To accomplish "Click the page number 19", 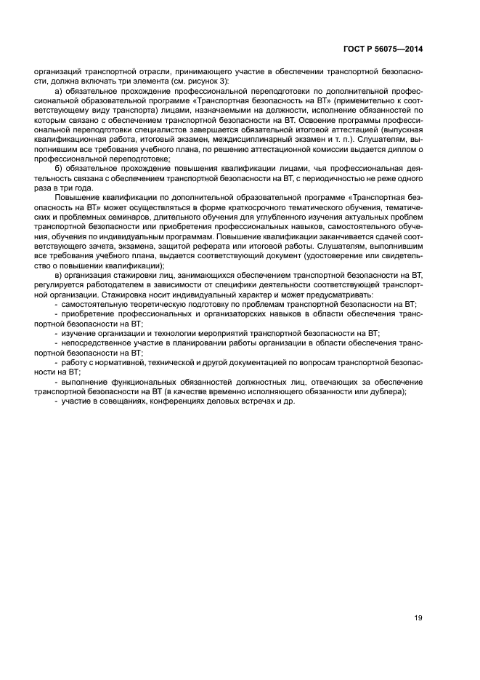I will [418, 618].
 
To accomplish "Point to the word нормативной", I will [115, 361].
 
